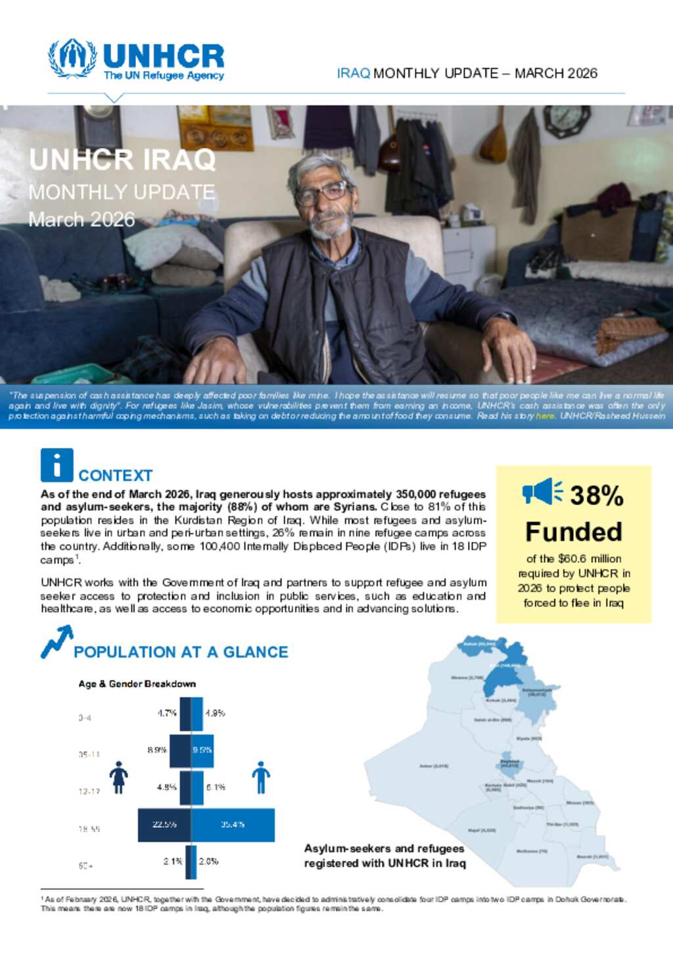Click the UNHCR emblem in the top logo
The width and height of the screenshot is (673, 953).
pos(72,59)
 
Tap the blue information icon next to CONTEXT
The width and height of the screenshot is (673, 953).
pos(57,465)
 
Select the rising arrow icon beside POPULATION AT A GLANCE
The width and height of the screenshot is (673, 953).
pos(57,642)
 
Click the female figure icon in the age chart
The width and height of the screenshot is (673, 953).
pos(118,777)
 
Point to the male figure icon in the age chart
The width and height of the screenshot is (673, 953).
pos(261,777)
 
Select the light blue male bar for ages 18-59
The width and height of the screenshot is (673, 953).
pos(233,825)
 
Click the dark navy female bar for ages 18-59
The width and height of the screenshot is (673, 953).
pos(164,825)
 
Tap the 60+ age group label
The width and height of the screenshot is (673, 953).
pos(86,866)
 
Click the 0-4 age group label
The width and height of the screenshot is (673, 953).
pos(85,718)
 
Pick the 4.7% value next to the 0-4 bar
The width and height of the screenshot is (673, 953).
pos(167,713)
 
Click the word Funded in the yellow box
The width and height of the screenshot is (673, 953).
pos(574,531)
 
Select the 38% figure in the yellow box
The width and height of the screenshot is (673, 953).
pos(596,495)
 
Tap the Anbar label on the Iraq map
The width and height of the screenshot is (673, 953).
pos(434,766)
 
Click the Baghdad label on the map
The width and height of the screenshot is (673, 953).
pos(509,764)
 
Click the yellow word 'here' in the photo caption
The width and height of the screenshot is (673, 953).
pos(545,416)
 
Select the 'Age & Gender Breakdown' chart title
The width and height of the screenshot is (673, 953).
pos(137,684)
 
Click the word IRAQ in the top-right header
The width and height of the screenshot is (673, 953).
pos(354,73)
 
